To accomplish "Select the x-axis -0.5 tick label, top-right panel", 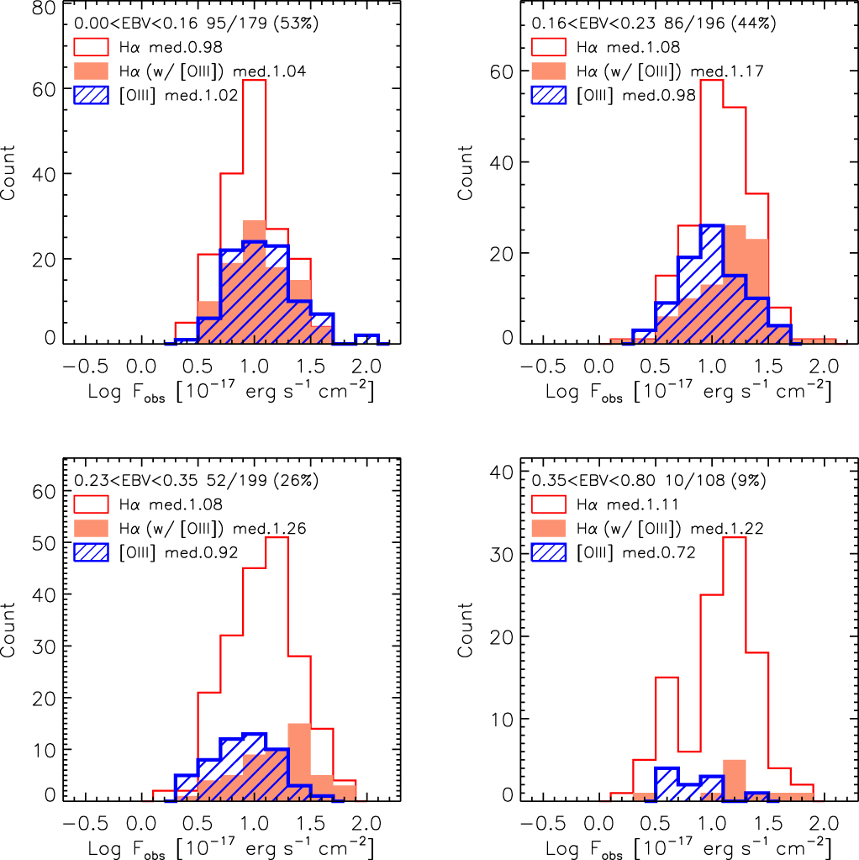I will tap(535, 367).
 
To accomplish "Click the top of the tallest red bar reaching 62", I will tap(253, 80).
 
